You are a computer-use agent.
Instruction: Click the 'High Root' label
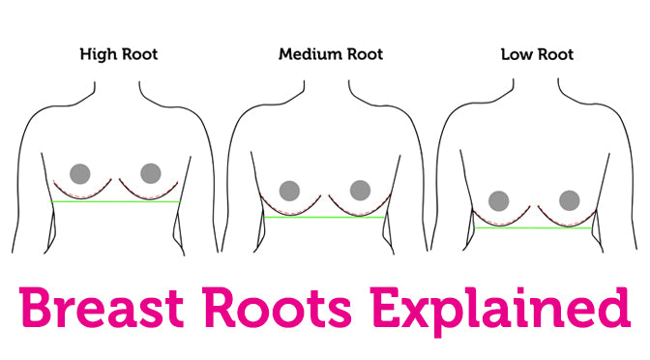pyautogui.click(x=119, y=55)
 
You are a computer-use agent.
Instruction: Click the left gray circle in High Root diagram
pyautogui.click(x=80, y=173)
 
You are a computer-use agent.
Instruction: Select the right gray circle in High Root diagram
pyautogui.click(x=150, y=173)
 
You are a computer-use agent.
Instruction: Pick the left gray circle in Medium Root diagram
pyautogui.click(x=287, y=190)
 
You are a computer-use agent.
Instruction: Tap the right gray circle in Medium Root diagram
pyautogui.click(x=360, y=190)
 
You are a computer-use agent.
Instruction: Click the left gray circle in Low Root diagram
pyautogui.click(x=499, y=201)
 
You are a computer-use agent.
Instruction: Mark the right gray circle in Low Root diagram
pyautogui.click(x=570, y=201)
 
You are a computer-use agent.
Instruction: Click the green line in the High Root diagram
pyautogui.click(x=117, y=201)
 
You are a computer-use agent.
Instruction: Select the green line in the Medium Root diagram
pyautogui.click(x=324, y=218)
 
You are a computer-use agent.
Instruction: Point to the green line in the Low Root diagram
pyautogui.click(x=533, y=227)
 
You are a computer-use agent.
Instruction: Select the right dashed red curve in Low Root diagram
pyautogui.click(x=566, y=222)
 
